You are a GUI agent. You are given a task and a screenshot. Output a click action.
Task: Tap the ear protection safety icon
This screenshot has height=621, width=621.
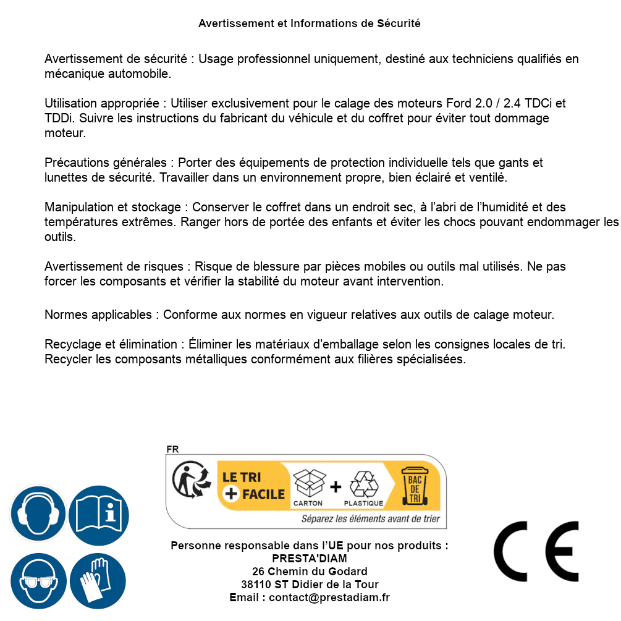(x=38, y=513)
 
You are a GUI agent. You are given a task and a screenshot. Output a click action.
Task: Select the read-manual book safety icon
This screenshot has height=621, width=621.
(x=99, y=513)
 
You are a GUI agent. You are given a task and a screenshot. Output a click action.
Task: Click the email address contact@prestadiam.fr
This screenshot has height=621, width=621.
(x=329, y=598)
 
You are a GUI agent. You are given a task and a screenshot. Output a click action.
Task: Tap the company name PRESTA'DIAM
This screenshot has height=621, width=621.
(x=310, y=559)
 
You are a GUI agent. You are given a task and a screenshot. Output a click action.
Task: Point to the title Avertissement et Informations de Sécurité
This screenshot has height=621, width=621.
(x=310, y=23)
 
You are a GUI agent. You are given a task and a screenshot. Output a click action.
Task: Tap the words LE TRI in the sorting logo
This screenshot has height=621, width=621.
(x=242, y=477)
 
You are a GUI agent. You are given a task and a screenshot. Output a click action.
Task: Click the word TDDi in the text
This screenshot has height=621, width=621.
(x=59, y=118)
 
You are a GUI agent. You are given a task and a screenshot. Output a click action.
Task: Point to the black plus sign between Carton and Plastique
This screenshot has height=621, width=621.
(x=336, y=486)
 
